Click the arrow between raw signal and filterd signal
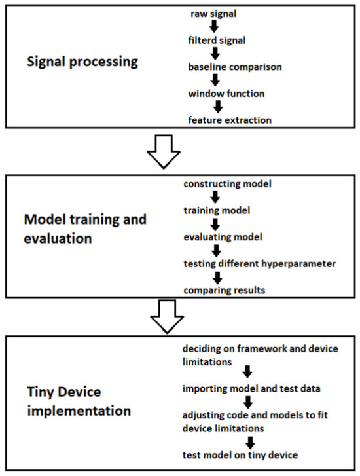[213, 27]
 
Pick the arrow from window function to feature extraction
[218, 107]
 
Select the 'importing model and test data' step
[250, 390]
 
